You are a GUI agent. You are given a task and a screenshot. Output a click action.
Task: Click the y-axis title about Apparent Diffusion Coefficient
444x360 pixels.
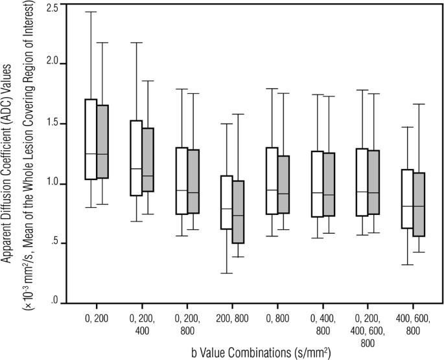coord(19,155)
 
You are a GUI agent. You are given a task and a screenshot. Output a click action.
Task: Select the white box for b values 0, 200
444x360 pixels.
coord(91,139)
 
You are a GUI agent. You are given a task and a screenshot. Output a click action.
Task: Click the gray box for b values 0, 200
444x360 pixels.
coord(102,141)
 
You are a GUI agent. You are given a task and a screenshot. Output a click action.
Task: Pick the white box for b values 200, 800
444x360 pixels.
coord(227,202)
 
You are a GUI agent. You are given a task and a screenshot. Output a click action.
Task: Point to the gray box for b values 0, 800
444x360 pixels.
coord(283,184)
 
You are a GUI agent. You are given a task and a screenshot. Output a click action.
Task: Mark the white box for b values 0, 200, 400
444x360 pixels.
coord(136,158)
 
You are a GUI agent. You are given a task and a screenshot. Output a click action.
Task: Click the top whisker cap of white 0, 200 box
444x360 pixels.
coord(91,12)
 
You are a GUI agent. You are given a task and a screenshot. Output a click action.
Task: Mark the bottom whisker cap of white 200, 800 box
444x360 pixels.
coord(227,273)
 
